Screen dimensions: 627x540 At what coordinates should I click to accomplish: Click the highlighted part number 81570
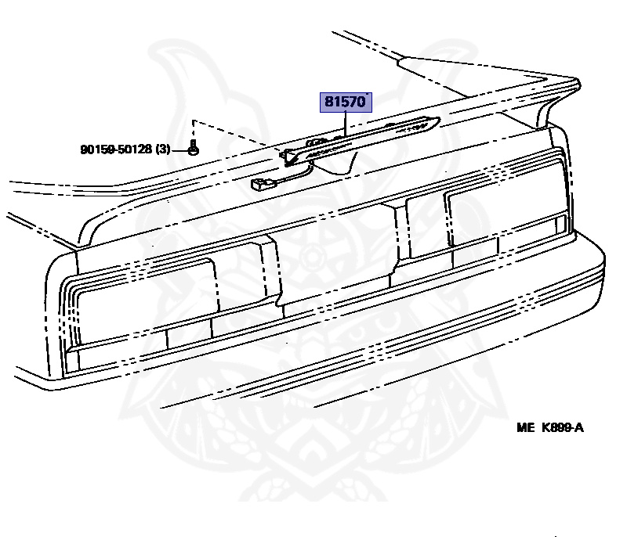345,103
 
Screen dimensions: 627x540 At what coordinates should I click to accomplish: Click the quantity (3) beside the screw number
162,149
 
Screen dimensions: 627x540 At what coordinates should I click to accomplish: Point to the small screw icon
194,148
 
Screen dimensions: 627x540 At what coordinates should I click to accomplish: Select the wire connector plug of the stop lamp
258,186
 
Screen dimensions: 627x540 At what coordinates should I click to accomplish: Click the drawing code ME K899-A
549,427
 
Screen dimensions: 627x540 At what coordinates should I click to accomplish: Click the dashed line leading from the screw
235,135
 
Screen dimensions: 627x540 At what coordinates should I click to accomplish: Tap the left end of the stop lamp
288,157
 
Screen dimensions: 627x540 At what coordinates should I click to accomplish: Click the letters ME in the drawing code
524,427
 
